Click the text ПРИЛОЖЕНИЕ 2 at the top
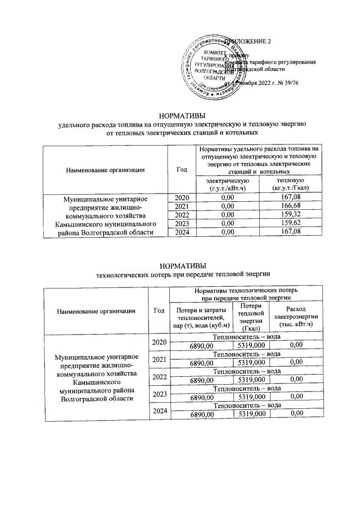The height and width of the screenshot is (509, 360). [x=248, y=43]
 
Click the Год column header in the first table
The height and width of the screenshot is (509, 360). [x=181, y=169]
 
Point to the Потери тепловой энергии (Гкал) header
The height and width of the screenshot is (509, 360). [x=251, y=317]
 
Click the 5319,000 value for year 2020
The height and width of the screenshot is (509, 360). [x=251, y=345]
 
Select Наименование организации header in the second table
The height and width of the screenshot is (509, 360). [x=95, y=310]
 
